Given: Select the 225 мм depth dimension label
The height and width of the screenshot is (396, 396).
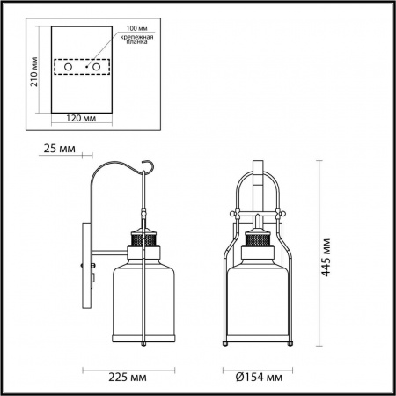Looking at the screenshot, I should [x=128, y=378].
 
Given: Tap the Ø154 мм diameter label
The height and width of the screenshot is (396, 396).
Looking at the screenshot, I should [x=260, y=378].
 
